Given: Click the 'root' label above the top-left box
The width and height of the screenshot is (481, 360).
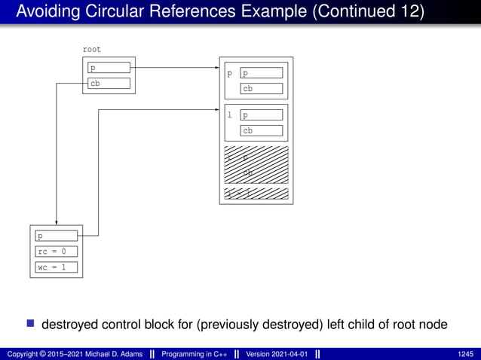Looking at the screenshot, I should pyautogui.click(x=92, y=50).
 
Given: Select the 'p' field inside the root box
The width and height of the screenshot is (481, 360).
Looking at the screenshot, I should pyautogui.click(x=109, y=68).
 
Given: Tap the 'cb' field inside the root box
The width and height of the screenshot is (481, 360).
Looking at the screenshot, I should pyautogui.click(x=109, y=84).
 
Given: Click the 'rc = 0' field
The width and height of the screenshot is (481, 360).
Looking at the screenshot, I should pyautogui.click(x=57, y=252).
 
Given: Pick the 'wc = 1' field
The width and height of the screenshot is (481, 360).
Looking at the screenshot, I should pyautogui.click(x=57, y=267).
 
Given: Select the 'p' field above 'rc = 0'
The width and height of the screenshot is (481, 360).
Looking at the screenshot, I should pyautogui.click(x=57, y=236).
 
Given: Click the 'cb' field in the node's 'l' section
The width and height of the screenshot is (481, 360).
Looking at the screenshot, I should pyautogui.click(x=262, y=130).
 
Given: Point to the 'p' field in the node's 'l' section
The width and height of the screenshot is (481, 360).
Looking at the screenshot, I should pyautogui.click(x=262, y=115).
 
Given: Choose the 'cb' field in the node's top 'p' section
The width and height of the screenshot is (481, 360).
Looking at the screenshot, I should pyautogui.click(x=262, y=89).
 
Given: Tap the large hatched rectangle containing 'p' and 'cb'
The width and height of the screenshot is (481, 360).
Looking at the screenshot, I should pyautogui.click(x=256, y=163).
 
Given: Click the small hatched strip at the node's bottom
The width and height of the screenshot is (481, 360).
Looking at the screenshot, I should pyautogui.click(x=256, y=194).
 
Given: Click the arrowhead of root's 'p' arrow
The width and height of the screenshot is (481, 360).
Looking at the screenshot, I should pyautogui.click(x=216, y=68).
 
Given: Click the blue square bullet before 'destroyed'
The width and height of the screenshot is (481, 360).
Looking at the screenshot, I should pyautogui.click(x=31, y=324).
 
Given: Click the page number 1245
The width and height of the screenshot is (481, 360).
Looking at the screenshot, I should pyautogui.click(x=466, y=354).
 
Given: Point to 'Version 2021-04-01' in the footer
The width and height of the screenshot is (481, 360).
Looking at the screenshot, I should pyautogui.click(x=277, y=354).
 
